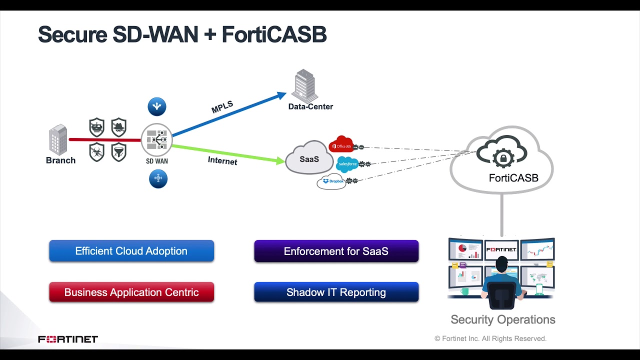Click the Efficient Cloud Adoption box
pyautogui.click(x=131, y=251)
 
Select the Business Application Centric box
pyautogui.click(x=131, y=292)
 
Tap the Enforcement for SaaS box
pyautogui.click(x=336, y=251)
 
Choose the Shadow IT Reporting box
pyautogui.click(x=336, y=292)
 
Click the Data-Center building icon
pyautogui.click(x=305, y=86)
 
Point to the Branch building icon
pyautogui.click(x=58, y=139)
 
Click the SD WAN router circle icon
pyautogui.click(x=156, y=140)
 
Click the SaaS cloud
pyautogui.click(x=309, y=158)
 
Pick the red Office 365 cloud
pyautogui.click(x=341, y=144)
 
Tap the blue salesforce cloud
pyautogui.click(x=347, y=164)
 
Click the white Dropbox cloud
pyautogui.click(x=332, y=181)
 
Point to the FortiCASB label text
pyautogui.click(x=513, y=178)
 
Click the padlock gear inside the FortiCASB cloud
pyautogui.click(x=503, y=158)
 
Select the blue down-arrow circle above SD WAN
pyautogui.click(x=157, y=106)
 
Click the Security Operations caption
pyautogui.click(x=502, y=319)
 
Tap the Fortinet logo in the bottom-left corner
pyautogui.click(x=68, y=339)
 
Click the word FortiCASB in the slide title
pyautogui.click(x=274, y=35)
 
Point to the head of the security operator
pyautogui.click(x=501, y=265)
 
